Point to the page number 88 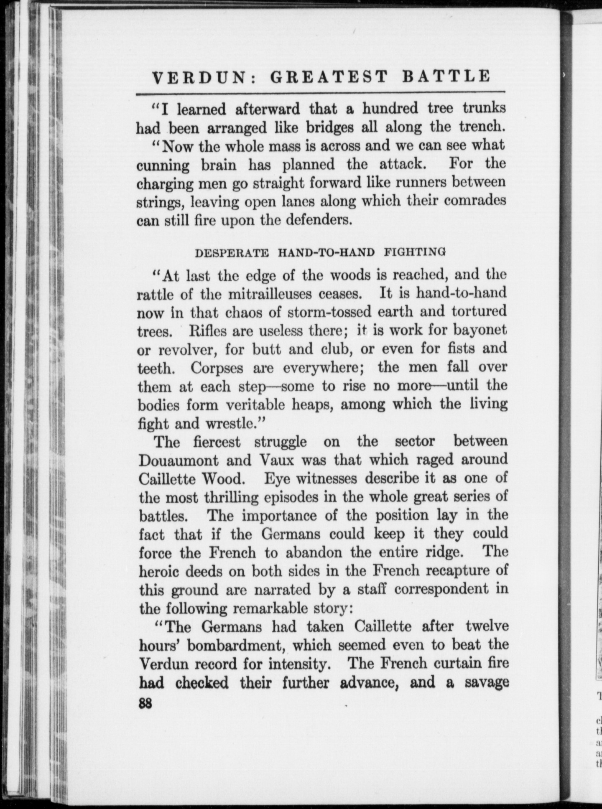(x=145, y=703)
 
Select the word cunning (x=163, y=165)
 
